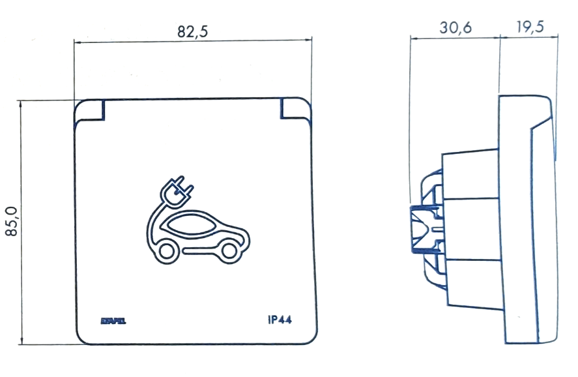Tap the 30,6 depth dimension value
454,27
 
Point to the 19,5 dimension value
529,27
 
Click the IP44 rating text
280,320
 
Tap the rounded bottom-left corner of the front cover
82,338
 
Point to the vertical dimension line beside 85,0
22,222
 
